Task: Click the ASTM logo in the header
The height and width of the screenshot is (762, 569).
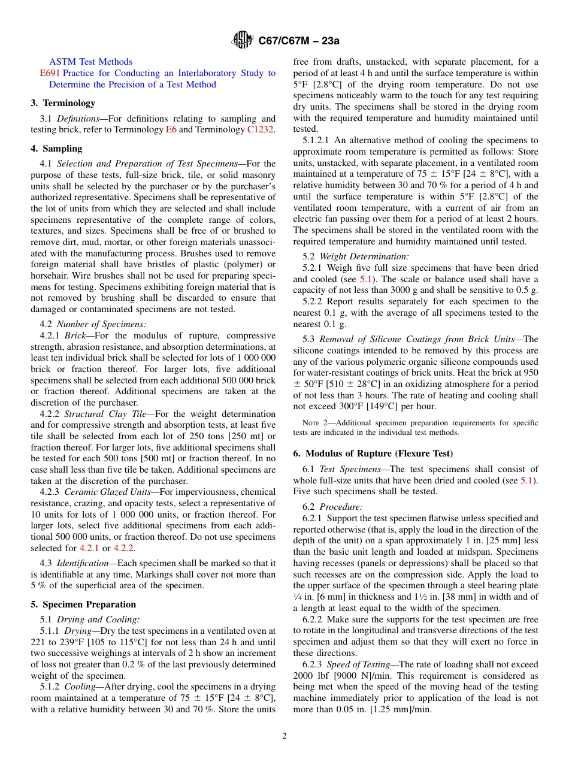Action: pyautogui.click(x=243, y=41)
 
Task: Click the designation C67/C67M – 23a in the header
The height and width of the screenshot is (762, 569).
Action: pyautogui.click(x=298, y=41)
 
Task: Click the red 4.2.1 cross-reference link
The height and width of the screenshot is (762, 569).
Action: pyautogui.click(x=90, y=548)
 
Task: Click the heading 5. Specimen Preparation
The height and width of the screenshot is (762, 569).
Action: pyautogui.click(x=83, y=604)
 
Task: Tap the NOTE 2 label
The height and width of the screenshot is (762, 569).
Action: pyautogui.click(x=313, y=423)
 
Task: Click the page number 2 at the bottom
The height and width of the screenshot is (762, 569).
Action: pyautogui.click(x=284, y=736)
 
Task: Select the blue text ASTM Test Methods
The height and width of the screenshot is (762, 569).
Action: pyautogui.click(x=90, y=62)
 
